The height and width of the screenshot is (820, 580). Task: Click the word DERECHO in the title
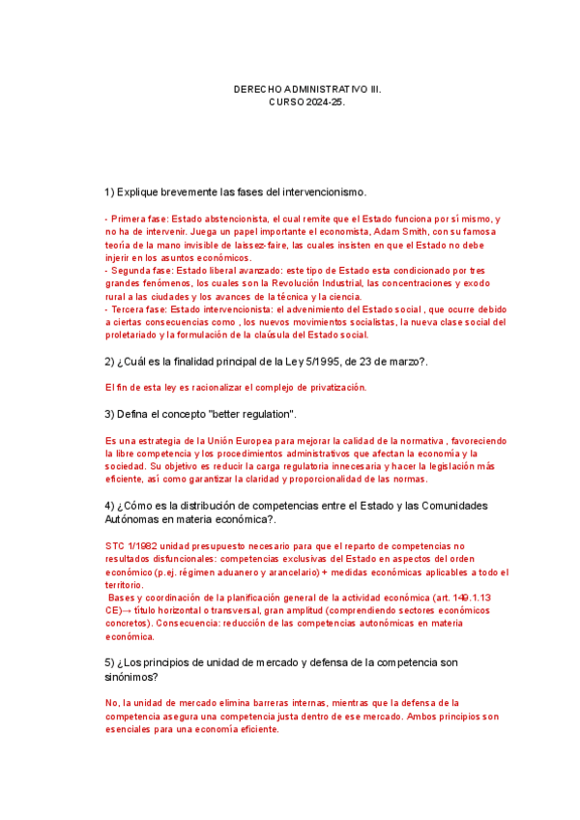256,89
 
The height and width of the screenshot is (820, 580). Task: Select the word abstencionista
232,220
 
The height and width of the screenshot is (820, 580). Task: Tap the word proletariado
135,336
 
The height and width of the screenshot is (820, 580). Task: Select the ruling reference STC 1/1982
130,545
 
